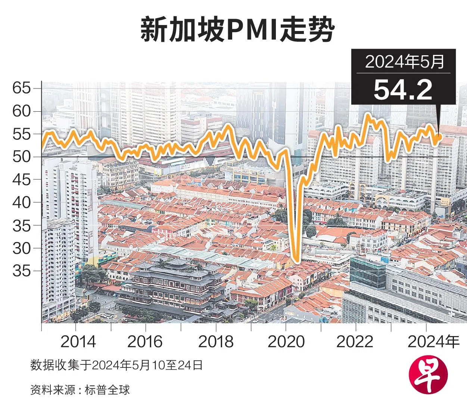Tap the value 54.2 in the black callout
coord(403,90)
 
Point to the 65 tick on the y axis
coord(21,88)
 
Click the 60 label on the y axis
coord(21,111)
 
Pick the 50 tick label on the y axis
coord(21,157)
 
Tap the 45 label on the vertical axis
coord(21,180)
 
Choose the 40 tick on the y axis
coord(21,202)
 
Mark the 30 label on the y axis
coord(21,248)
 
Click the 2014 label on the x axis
coord(78,342)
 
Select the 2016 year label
coord(145,342)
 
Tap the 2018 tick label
coord(216,342)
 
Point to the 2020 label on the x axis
coord(286,342)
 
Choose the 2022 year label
coord(355,342)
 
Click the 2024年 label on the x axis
coord(433,342)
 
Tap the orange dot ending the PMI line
coord(439,137)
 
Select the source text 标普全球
coord(107,390)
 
